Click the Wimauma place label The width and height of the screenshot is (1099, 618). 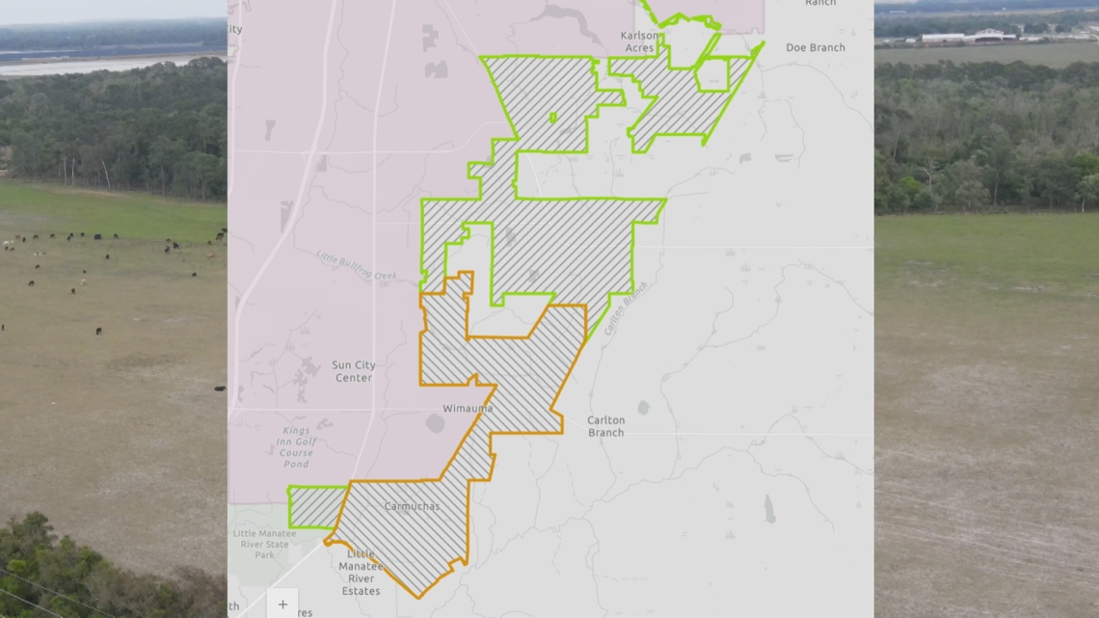point(468,409)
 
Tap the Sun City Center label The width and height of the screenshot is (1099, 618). point(353,371)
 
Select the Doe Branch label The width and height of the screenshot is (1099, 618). point(815,47)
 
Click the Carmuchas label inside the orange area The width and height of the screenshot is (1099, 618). point(412,506)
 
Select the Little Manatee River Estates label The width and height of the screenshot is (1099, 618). point(362,573)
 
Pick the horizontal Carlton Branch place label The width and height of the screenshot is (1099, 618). point(605,426)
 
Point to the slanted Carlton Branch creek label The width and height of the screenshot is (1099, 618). point(626,309)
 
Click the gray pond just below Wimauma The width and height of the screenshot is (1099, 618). point(435,423)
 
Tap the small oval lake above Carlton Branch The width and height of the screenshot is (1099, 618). point(643,408)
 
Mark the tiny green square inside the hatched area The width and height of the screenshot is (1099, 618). point(552,118)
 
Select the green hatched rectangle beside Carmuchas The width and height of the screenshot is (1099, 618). point(315,507)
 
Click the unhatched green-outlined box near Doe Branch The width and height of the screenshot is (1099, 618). point(711,75)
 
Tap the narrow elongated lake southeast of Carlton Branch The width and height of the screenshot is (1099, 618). point(768,508)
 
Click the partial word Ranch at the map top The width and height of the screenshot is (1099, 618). point(819,3)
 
